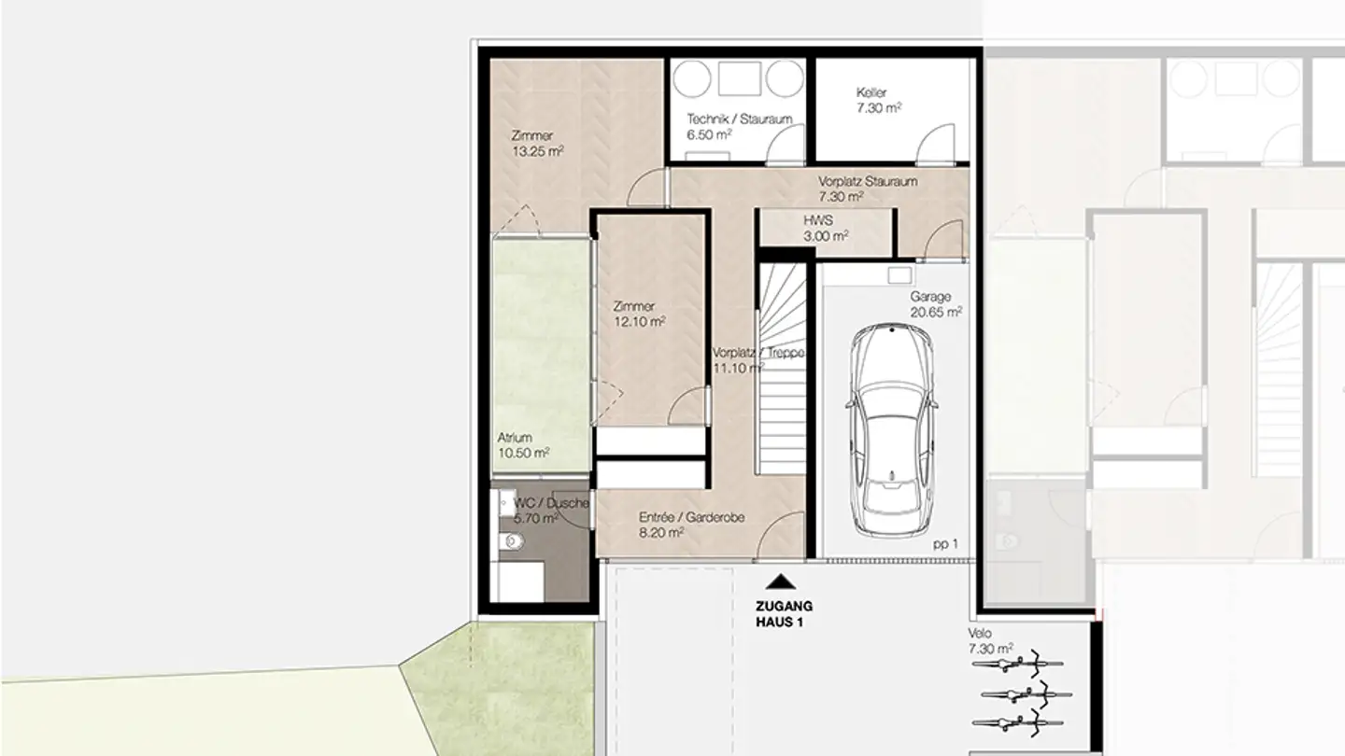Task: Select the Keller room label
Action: pos(871,93)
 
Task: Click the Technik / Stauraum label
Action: pos(740,119)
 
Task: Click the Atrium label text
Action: pos(515,438)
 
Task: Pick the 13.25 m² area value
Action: pos(537,150)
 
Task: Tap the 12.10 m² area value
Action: pos(639,321)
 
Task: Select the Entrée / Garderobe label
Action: pos(691,517)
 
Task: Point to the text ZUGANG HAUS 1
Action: pos(781,613)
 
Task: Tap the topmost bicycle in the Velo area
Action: pos(1018,665)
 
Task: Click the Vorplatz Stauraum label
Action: pos(868,182)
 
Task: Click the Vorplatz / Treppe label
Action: pos(757,354)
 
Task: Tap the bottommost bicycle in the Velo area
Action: pos(1018,721)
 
